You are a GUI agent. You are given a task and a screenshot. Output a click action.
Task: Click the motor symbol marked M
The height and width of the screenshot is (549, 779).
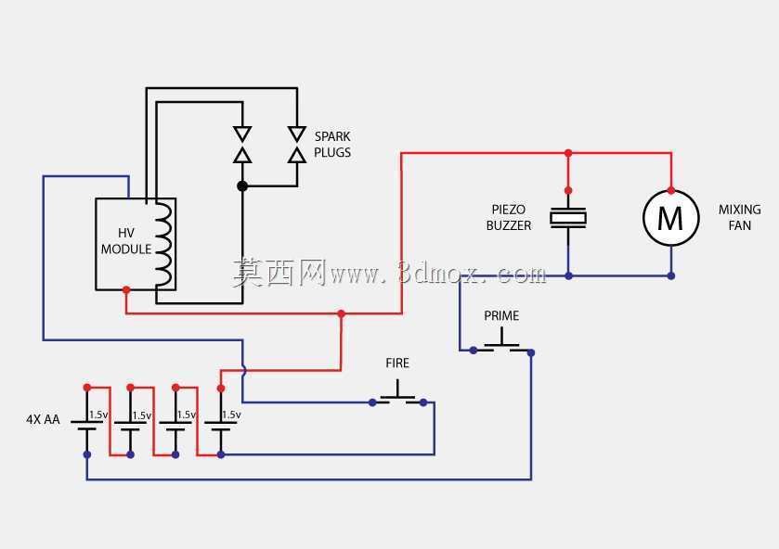(x=670, y=217)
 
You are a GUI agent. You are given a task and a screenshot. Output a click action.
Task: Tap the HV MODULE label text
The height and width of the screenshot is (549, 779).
(x=126, y=241)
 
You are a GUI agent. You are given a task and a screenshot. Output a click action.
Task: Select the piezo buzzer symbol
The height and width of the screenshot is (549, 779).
(x=568, y=218)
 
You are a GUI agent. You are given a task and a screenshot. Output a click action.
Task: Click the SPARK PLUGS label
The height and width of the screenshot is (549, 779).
(x=332, y=145)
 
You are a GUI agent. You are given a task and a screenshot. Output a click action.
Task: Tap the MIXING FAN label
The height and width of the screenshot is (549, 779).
(x=739, y=217)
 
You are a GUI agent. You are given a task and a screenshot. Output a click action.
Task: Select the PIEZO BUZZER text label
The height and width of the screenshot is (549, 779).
(x=508, y=217)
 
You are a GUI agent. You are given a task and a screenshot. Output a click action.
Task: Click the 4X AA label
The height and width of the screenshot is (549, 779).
(x=43, y=419)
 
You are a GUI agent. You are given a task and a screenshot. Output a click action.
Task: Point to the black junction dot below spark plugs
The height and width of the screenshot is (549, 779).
(x=242, y=186)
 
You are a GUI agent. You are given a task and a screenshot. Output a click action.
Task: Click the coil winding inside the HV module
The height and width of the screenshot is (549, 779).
(x=165, y=244)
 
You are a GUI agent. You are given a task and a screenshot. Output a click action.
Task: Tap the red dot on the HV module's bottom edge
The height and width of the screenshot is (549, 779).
(x=126, y=290)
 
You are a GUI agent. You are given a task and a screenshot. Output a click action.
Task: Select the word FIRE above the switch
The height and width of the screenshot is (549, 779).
(x=397, y=364)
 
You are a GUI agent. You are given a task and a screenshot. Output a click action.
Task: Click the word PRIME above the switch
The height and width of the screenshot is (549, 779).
(x=501, y=315)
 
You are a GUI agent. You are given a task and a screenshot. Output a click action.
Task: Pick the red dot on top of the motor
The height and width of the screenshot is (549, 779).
(x=671, y=191)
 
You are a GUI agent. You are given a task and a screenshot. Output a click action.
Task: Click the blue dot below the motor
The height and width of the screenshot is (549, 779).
(x=671, y=275)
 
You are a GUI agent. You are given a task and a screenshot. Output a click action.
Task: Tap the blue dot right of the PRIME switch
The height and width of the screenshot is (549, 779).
(x=531, y=352)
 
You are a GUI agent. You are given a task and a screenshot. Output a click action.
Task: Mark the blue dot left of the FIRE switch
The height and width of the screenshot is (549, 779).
(x=372, y=402)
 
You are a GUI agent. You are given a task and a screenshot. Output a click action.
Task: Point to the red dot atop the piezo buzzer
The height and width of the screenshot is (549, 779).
(x=568, y=191)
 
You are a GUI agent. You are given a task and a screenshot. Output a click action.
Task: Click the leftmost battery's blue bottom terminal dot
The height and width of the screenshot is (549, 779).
(x=87, y=454)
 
